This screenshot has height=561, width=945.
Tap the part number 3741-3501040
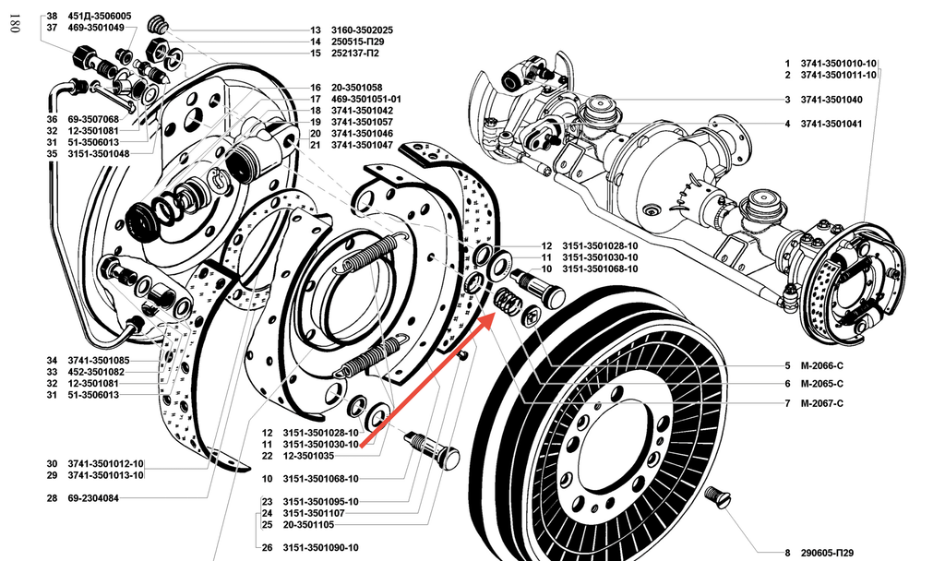click(x=831, y=100)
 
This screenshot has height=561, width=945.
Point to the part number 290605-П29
click(x=826, y=552)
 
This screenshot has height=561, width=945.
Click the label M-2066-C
click(x=821, y=365)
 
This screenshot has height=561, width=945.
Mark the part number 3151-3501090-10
click(x=320, y=547)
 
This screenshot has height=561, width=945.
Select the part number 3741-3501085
click(x=99, y=360)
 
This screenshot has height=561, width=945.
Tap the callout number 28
click(x=52, y=498)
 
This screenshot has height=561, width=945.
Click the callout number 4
click(x=787, y=124)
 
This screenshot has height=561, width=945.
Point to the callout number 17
click(x=315, y=99)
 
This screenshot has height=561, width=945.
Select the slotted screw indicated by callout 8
click(x=717, y=499)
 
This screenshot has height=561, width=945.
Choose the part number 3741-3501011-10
click(x=838, y=75)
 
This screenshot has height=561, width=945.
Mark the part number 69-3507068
click(x=93, y=119)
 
